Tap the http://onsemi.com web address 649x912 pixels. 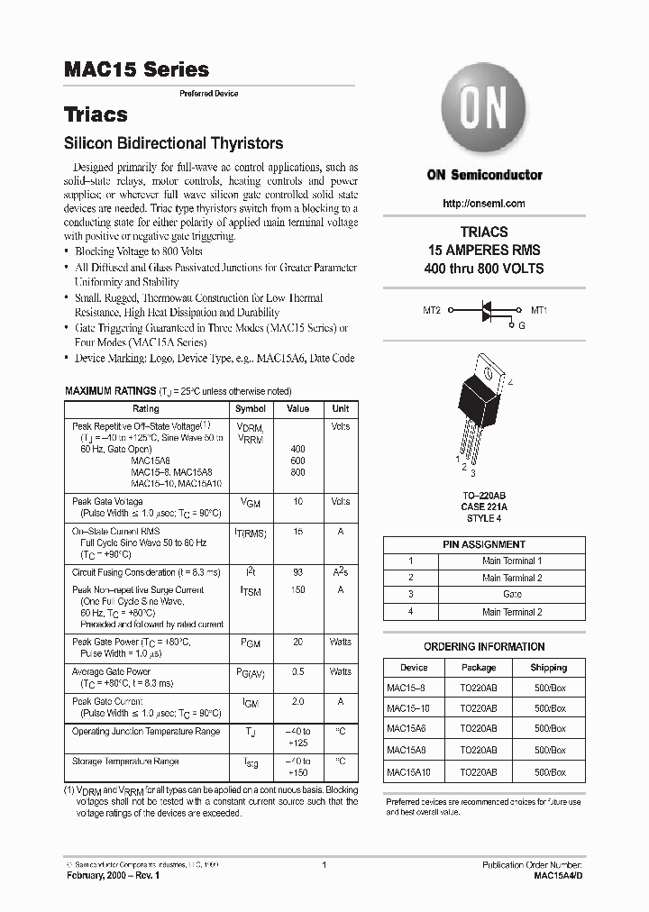coord(484,204)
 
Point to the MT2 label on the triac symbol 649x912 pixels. coord(432,310)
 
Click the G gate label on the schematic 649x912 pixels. coord(520,325)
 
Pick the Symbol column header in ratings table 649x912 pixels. coord(251,408)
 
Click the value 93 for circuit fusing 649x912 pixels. coord(297,572)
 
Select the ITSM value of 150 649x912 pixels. coord(297,589)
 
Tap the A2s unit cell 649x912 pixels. coord(341,572)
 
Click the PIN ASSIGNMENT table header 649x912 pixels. coord(484,544)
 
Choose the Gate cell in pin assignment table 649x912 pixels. coord(512,595)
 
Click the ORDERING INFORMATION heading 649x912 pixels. coord(484,647)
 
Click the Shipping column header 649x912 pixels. coord(548,668)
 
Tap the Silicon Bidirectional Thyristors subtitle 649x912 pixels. coord(174,143)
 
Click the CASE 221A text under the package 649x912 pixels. coord(484,506)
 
